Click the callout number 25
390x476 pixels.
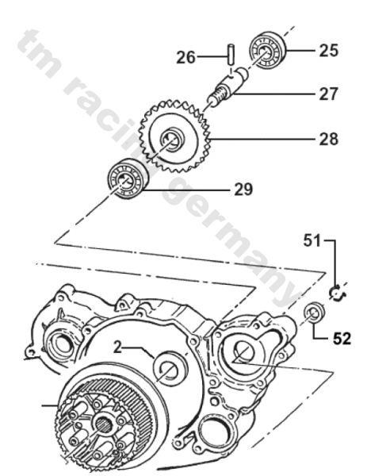tap(328, 51)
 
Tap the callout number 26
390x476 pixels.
tap(186, 57)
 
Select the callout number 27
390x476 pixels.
tap(328, 94)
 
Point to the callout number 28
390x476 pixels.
tap(328, 140)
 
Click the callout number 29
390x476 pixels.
tap(243, 190)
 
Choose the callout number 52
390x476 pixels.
tap(342, 339)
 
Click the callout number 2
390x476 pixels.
tap(117, 347)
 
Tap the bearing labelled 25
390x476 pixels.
tap(268, 51)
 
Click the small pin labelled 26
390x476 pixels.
tap(231, 54)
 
